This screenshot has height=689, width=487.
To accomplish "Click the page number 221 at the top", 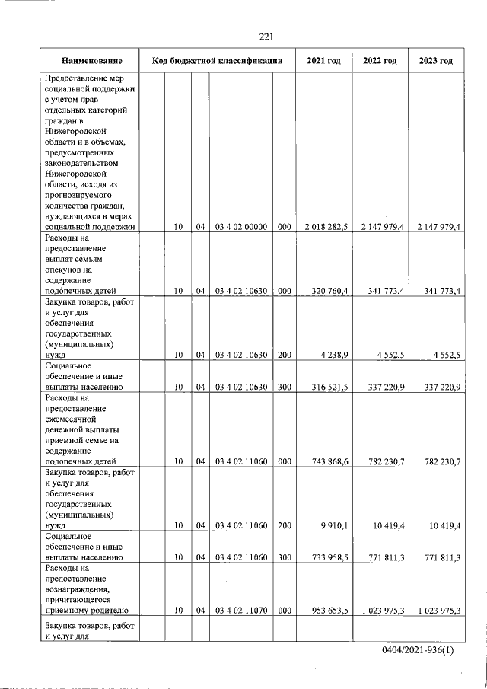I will pyautogui.click(x=266, y=37).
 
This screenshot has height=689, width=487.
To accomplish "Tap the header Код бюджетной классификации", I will pyautogui.click(x=218, y=60).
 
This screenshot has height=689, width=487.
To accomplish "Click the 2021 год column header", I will pyautogui.click(x=323, y=60).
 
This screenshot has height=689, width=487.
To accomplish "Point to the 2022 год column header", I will pyautogui.click(x=380, y=60).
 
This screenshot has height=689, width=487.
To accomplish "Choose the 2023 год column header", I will pyautogui.click(x=435, y=60).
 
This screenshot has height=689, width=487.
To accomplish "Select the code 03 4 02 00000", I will pyautogui.click(x=241, y=227).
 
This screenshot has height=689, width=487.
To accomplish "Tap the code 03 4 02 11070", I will pyautogui.click(x=241, y=611).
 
